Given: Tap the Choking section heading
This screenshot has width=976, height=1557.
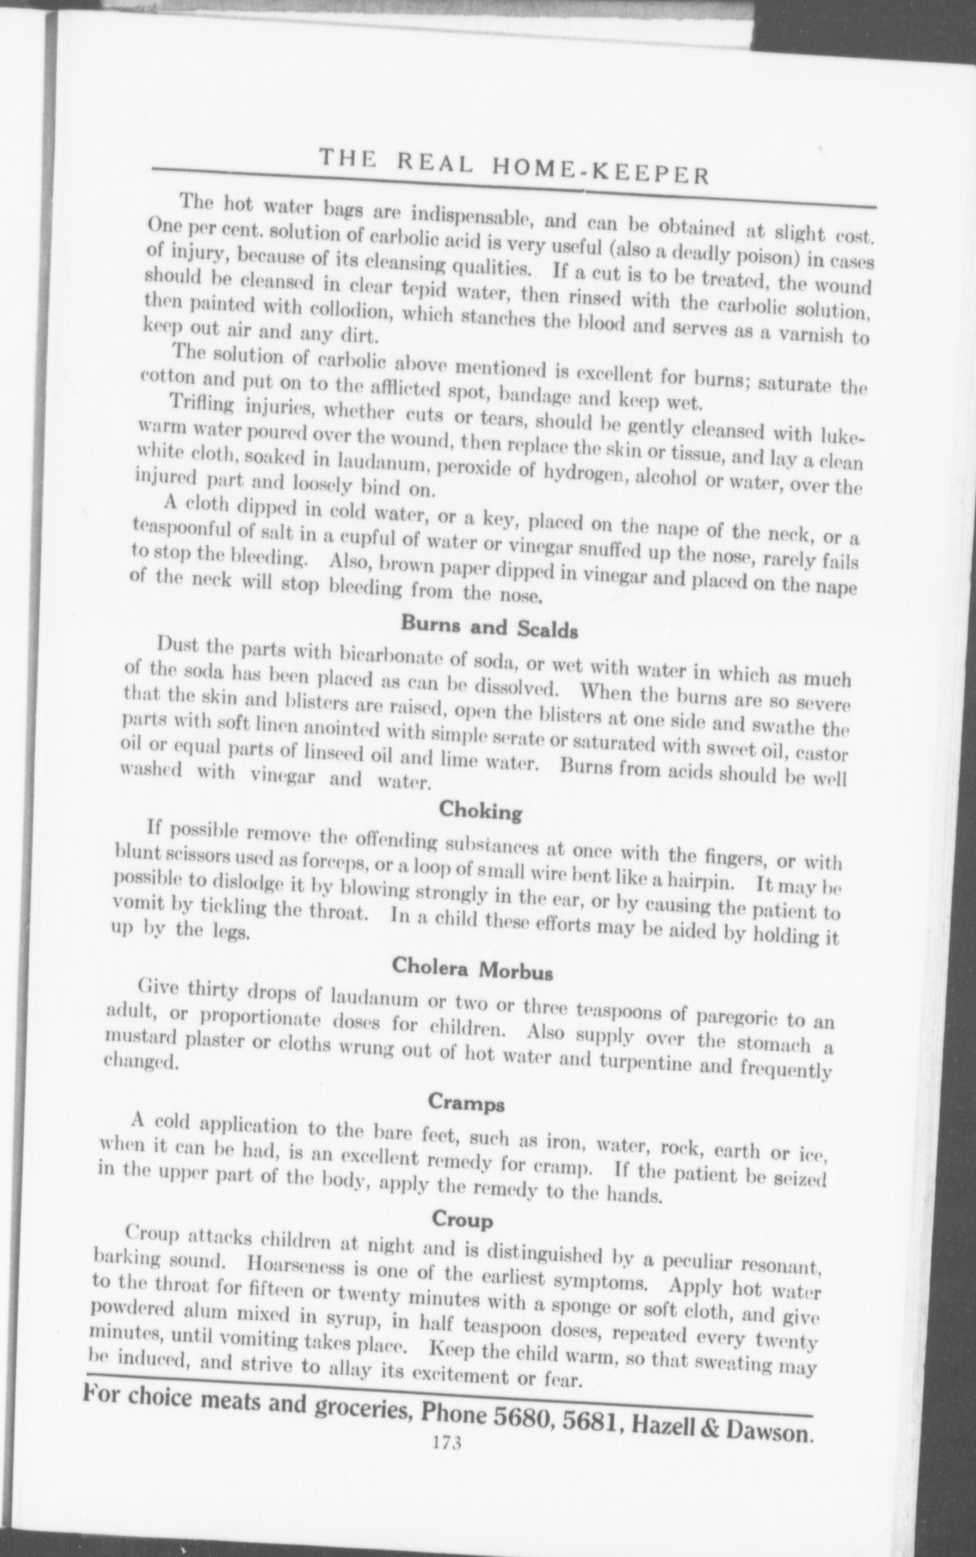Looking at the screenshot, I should pyautogui.click(x=481, y=810).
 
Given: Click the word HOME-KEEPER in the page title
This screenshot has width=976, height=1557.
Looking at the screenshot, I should pyautogui.click(x=600, y=170).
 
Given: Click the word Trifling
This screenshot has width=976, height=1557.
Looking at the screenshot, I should pyautogui.click(x=202, y=408).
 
